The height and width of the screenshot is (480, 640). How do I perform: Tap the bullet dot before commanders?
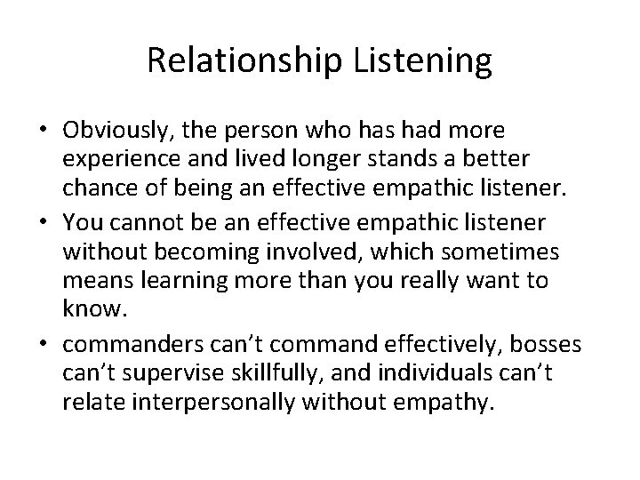pos(44,340)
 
